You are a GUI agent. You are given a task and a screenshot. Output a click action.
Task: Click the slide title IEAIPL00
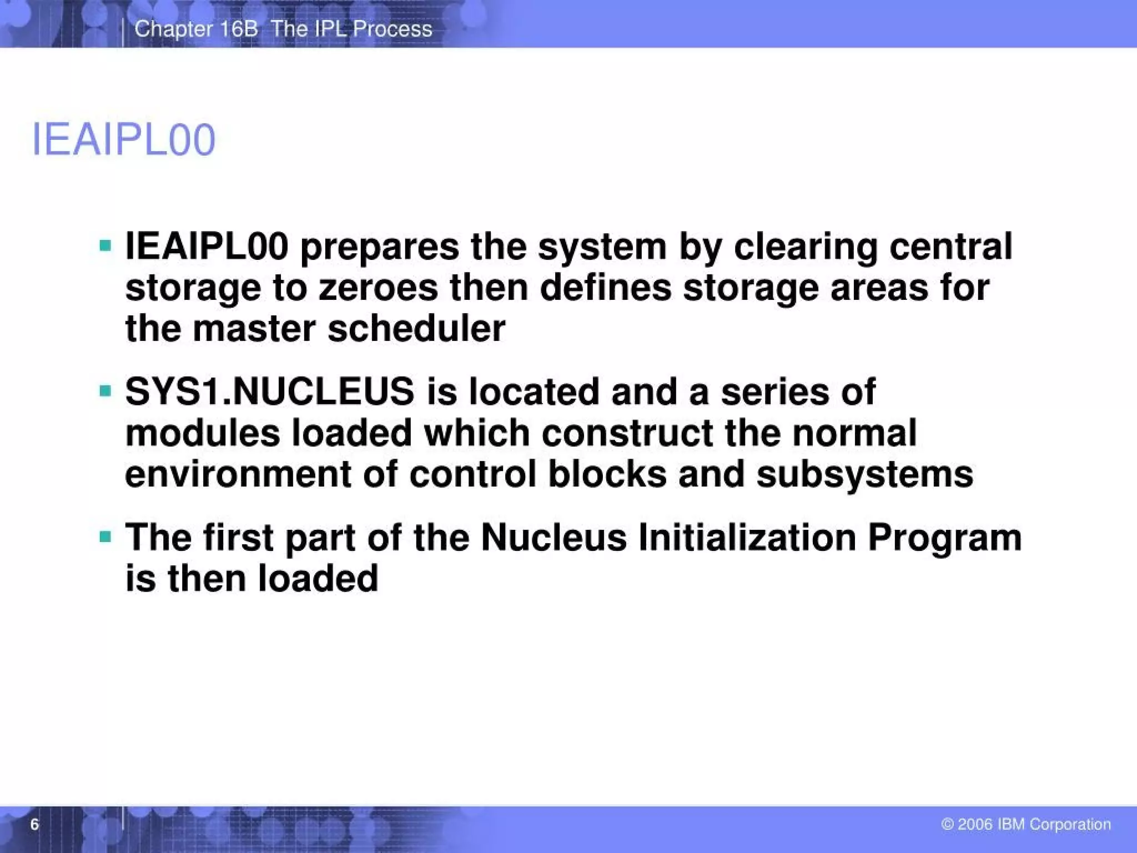[123, 140]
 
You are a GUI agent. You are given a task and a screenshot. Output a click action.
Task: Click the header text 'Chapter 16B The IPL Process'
[283, 29]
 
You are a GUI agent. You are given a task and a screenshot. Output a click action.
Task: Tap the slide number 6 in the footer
[34, 824]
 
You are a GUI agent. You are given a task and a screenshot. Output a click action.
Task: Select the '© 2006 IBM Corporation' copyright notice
[1026, 824]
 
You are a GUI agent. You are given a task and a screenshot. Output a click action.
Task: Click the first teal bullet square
[105, 245]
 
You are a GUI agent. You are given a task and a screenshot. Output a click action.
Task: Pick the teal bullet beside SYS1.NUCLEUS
[105, 391]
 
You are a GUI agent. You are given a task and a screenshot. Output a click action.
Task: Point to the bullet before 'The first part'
[105, 537]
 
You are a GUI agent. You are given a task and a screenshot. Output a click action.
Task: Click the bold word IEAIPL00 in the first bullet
[207, 247]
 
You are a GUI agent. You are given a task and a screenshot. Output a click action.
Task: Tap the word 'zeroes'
[378, 288]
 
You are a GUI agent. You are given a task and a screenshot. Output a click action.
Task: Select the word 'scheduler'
[416, 328]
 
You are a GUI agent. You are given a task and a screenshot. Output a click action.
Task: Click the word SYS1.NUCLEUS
[270, 391]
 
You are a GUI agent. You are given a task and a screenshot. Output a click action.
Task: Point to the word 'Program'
[944, 538]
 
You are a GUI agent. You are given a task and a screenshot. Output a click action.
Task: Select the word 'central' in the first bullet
[950, 247]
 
